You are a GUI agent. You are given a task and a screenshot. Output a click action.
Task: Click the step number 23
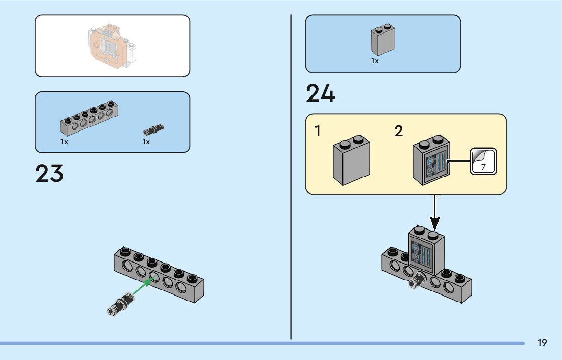[x=49, y=174]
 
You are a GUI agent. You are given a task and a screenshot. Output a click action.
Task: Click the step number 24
[x=320, y=94]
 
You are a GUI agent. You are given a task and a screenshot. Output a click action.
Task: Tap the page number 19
[x=542, y=343]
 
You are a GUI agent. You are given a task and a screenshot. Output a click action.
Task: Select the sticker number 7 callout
[x=483, y=162]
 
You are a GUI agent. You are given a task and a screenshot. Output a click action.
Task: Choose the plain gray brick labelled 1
[x=351, y=161]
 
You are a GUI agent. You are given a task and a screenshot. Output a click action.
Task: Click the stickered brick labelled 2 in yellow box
[x=431, y=161]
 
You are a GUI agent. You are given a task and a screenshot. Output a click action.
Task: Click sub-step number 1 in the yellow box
[x=318, y=132]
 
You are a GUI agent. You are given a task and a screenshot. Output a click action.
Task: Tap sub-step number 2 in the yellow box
[x=399, y=132]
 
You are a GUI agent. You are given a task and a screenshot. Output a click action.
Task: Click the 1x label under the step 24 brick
[x=375, y=61]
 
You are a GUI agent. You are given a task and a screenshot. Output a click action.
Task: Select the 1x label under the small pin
[x=146, y=142]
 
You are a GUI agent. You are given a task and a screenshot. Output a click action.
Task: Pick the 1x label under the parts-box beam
[x=64, y=142]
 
